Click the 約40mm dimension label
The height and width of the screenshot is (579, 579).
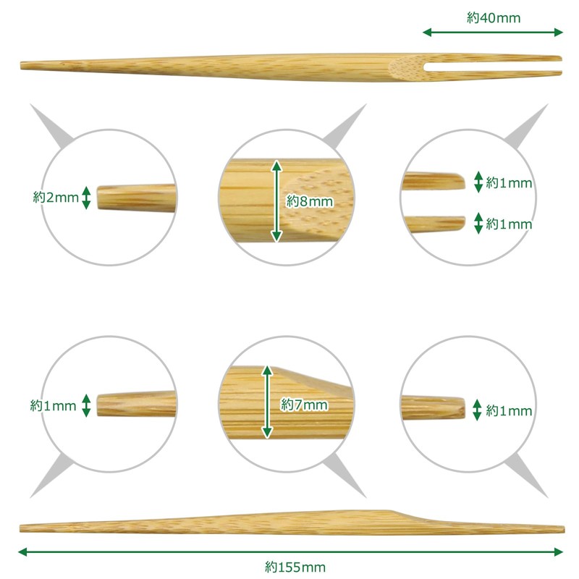494,17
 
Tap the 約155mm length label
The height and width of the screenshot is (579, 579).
295,567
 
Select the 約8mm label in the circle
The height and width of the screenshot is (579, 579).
310,201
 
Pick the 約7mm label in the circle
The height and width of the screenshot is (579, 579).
304,405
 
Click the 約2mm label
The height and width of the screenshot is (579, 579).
56,197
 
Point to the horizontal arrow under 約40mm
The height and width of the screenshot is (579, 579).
493,33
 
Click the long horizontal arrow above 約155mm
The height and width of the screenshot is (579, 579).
291,552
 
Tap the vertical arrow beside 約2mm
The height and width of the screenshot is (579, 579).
86,198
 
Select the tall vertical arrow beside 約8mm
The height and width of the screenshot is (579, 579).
276,201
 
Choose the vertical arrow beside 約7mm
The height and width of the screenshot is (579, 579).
267,402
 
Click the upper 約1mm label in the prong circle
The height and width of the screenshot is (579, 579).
509,182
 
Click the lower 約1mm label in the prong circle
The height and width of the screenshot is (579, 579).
509,224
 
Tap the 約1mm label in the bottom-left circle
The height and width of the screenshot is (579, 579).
53,406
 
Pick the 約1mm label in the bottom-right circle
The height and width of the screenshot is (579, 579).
509,410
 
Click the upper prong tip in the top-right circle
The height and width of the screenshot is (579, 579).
465,182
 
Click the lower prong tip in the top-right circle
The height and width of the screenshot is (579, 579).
464,223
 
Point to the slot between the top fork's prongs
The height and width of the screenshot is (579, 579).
493,67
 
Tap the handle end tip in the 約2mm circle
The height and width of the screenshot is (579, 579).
98,198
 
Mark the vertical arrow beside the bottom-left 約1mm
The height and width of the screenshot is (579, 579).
86,405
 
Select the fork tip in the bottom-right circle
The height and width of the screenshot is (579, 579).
464,407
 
